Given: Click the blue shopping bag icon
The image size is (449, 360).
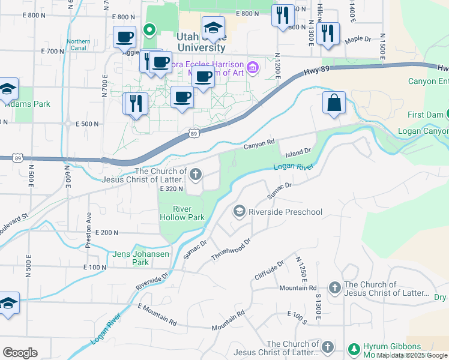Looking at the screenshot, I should pyautogui.click(x=334, y=103).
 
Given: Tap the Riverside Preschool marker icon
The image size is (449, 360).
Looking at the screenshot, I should pyautogui.click(x=240, y=211).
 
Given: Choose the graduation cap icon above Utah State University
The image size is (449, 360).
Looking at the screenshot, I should pyautogui.click(x=213, y=28).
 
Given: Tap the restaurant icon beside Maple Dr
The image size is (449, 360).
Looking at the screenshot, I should pyautogui.click(x=327, y=34).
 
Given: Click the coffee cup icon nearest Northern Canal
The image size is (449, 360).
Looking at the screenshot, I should pyautogui.click(x=124, y=37).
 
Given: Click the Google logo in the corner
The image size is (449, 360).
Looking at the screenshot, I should pyautogui.click(x=20, y=353).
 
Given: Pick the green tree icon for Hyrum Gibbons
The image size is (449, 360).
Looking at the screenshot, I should pyautogui.click(x=354, y=349).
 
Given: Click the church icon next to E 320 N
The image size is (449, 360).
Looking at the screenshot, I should pyautogui.click(x=195, y=174).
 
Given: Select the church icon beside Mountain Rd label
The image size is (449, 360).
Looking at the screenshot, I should pyautogui.click(x=334, y=289).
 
